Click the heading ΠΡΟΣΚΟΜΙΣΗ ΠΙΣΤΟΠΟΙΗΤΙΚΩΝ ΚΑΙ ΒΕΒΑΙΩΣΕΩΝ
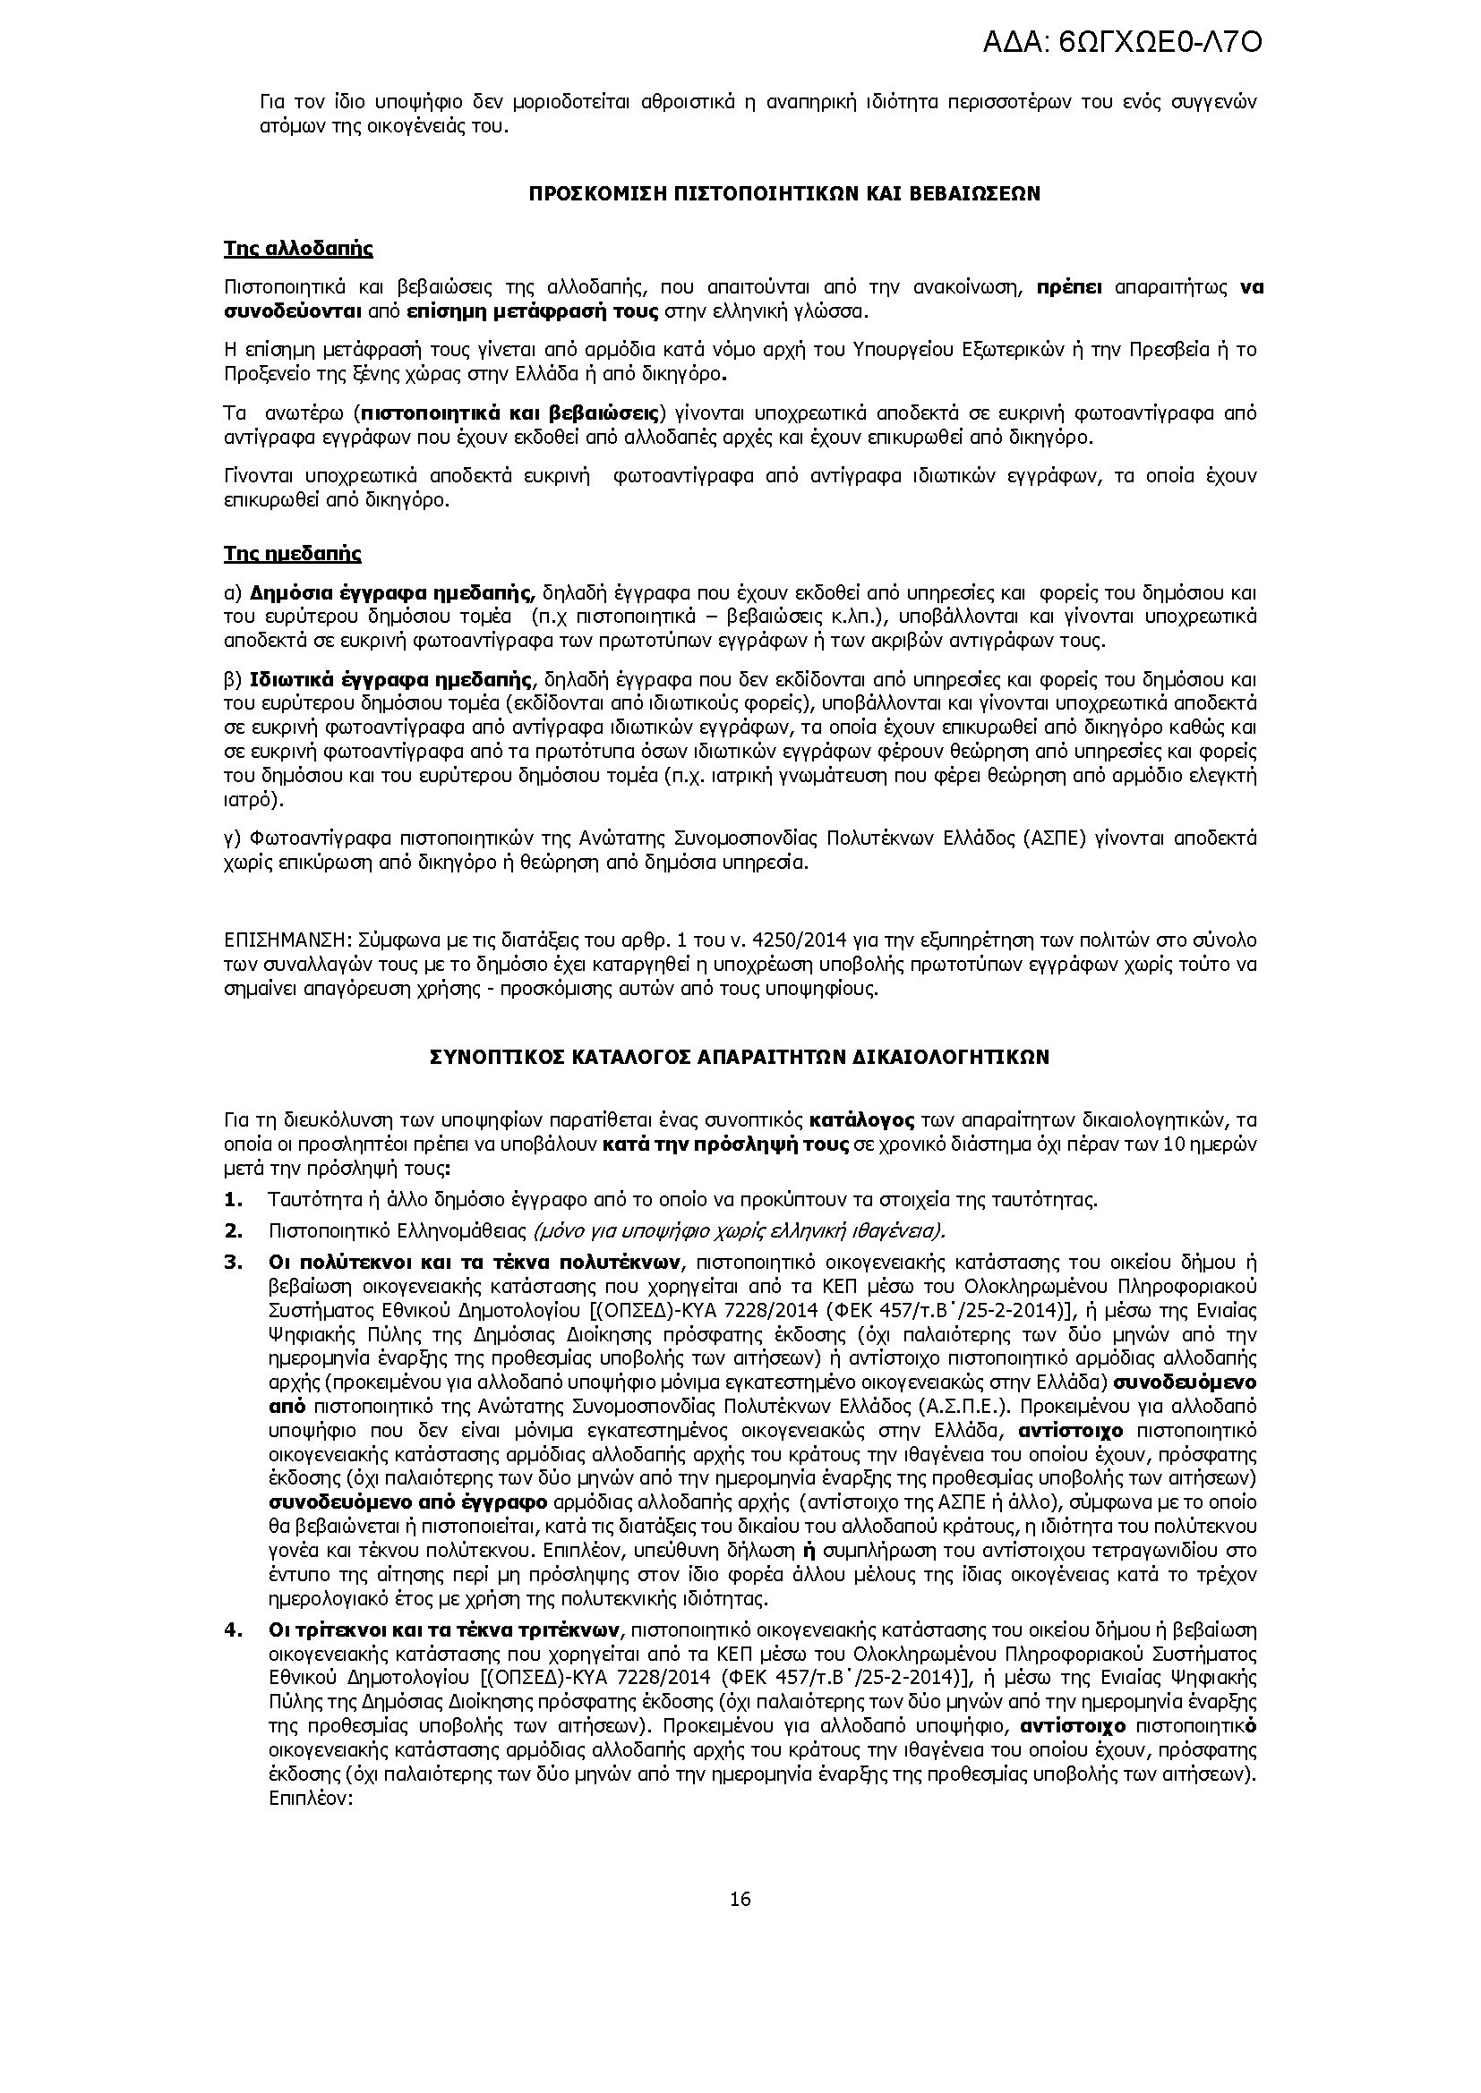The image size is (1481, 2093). pos(784,194)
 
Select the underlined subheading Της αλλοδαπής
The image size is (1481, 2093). pos(297,249)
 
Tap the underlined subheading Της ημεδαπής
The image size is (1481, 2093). pos(292,554)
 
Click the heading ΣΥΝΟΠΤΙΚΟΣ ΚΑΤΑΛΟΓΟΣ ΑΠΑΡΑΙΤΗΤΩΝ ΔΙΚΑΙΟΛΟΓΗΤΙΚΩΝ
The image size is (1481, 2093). pos(740,1058)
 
